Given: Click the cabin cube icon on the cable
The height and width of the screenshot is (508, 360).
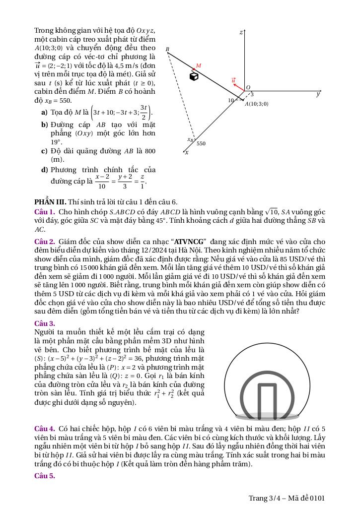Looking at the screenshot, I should [x=195, y=76].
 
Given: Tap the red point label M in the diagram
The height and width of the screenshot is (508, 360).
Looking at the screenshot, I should [x=199, y=65].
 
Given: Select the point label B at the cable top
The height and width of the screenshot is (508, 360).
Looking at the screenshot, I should [x=167, y=49].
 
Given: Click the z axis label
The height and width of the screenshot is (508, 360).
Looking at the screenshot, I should [x=241, y=32].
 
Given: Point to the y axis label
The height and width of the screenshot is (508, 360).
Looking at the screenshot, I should [x=318, y=94].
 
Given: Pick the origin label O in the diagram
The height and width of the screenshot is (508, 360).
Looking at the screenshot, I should [x=248, y=87].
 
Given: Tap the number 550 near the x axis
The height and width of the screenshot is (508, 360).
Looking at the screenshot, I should [x=201, y=143].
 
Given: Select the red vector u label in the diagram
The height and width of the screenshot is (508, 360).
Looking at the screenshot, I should [x=233, y=80].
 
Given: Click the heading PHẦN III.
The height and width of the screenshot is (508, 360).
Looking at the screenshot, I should [x=50, y=202].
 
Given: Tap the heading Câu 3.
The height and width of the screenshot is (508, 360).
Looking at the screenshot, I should [x=45, y=323].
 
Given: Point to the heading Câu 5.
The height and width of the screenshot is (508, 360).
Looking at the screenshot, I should [x=45, y=476].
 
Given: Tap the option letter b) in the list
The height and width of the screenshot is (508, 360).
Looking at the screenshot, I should [x=45, y=125].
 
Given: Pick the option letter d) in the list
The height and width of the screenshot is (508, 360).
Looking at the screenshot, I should [x=45, y=170].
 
